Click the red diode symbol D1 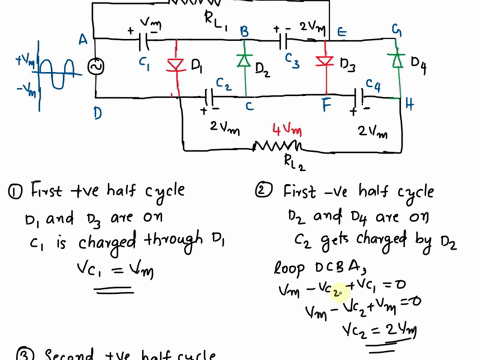pyautogui.click(x=178, y=67)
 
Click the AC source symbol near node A pyautogui.click(x=97, y=67)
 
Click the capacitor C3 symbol pyautogui.click(x=286, y=41)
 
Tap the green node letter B pyautogui.click(x=242, y=32)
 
